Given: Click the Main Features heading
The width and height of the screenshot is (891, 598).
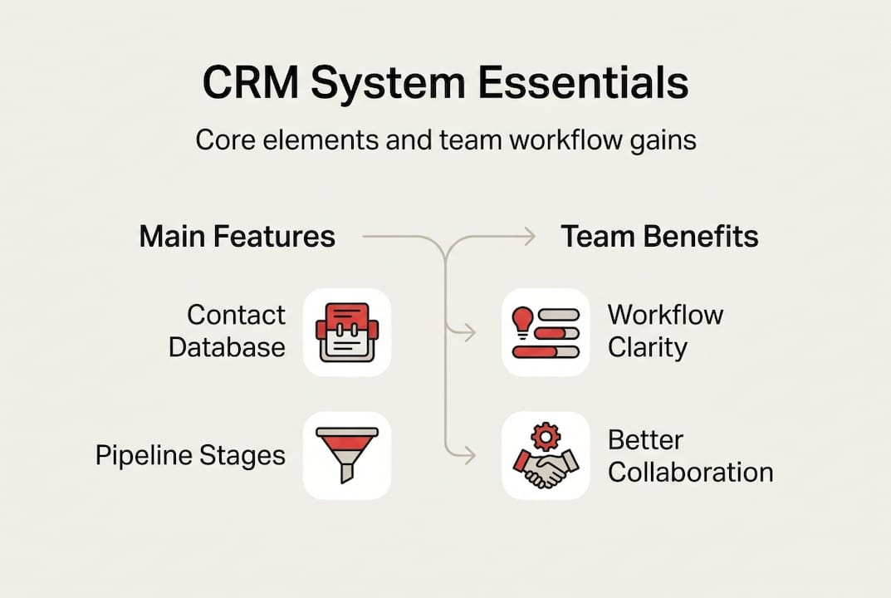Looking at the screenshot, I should [237, 237].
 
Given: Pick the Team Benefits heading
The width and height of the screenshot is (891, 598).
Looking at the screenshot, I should [659, 237].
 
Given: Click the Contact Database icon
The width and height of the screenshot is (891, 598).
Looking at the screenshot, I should [347, 331].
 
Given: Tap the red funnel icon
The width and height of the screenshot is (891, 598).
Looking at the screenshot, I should [347, 455].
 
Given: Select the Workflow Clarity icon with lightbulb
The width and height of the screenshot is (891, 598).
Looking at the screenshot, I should [546, 331].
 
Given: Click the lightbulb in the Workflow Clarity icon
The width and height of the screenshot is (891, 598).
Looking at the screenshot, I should [522, 319].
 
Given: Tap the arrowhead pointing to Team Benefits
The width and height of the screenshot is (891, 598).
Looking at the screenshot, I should [530, 238].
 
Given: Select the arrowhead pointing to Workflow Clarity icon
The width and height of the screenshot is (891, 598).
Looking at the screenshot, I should [472, 333].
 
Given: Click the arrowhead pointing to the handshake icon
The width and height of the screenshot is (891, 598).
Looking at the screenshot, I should [472, 455].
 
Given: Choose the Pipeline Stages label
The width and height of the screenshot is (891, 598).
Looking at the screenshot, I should [190, 455].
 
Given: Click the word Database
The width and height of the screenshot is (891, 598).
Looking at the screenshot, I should [227, 346].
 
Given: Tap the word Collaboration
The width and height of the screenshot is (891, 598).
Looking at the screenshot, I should [690, 472].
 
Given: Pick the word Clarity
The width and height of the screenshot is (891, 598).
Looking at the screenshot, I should [647, 346].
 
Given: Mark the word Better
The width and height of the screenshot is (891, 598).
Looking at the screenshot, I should [644, 439].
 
